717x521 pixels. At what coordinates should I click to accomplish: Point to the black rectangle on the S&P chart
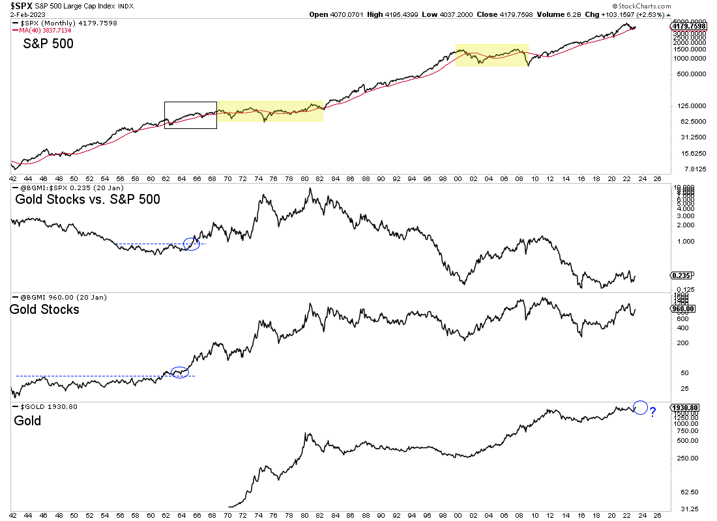pyautogui.click(x=190, y=115)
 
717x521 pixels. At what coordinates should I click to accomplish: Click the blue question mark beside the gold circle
pyautogui.click(x=652, y=412)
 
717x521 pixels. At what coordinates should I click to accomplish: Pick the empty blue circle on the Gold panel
pyautogui.click(x=640, y=408)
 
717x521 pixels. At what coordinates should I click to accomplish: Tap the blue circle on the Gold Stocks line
pyautogui.click(x=179, y=373)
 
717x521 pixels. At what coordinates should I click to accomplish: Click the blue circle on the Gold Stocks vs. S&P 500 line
pyautogui.click(x=192, y=244)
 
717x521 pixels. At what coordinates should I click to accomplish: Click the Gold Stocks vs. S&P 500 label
pyautogui.click(x=87, y=200)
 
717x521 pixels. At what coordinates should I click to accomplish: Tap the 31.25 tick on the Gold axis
pyautogui.click(x=682, y=509)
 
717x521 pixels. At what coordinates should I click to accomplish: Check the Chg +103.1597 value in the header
pyautogui.click(x=666, y=15)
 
